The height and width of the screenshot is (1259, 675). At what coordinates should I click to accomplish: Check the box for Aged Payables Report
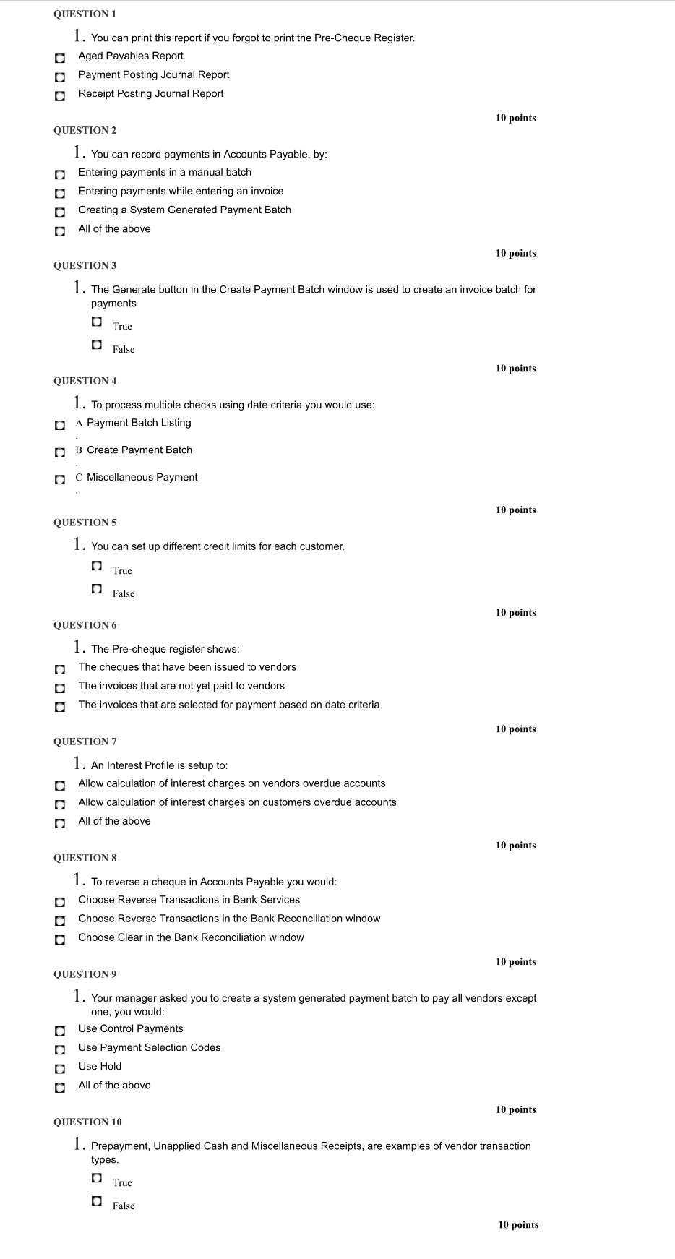(60, 58)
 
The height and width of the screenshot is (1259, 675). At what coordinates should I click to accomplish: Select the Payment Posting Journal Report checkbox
(60, 77)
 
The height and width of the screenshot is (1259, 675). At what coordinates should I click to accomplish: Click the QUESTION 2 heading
(85, 130)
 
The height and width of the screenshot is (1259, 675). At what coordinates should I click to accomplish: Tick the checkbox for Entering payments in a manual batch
(60, 174)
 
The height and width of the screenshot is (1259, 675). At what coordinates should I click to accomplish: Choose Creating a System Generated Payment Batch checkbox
(60, 212)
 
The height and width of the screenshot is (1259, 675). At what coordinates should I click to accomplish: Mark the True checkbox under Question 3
(97, 321)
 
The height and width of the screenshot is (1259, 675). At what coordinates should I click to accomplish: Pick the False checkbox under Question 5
(97, 588)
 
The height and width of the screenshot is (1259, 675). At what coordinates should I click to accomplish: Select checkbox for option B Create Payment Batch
(60, 452)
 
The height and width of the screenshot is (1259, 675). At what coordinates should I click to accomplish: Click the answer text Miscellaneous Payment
(142, 477)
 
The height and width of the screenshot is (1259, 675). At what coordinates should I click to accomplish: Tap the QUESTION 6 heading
(85, 625)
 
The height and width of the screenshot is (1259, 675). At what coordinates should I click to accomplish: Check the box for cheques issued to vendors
(60, 669)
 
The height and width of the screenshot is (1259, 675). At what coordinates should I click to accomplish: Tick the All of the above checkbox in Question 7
(60, 823)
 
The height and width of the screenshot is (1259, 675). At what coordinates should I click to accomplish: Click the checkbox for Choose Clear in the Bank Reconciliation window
(60, 940)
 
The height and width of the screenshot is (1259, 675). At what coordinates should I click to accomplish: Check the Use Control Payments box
(60, 1031)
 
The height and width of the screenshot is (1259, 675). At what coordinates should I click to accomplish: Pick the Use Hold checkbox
(60, 1068)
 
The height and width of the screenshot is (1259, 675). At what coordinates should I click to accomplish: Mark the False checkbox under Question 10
(97, 1200)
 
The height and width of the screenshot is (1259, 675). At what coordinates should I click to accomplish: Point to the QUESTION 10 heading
(87, 1122)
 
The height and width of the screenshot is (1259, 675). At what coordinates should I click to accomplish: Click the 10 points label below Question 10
(518, 1224)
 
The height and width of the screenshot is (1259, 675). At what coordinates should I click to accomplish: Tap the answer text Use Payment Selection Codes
(150, 1047)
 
